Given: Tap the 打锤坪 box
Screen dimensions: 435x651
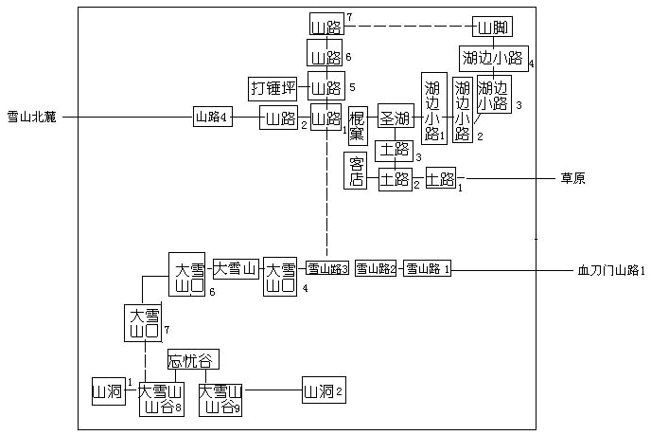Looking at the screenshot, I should click(273, 89).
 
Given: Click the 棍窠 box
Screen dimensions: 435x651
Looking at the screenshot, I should click(358, 125).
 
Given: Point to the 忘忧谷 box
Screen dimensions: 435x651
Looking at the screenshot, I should click(193, 360).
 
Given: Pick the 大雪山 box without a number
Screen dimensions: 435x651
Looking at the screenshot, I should click(235, 269).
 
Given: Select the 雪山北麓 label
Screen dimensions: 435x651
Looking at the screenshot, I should click(32, 118).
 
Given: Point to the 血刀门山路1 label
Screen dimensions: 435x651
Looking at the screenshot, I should click(610, 270).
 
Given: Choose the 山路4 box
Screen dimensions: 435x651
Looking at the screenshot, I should click(213, 118).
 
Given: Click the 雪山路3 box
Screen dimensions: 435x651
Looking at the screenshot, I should click(327, 269).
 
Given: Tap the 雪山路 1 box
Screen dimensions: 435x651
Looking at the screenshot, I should click(428, 269).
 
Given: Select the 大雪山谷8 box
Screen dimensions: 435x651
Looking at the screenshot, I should click(160, 398).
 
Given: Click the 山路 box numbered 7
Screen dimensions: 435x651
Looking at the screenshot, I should click(326, 26).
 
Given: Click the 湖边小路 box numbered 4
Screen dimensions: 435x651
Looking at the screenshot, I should click(493, 58).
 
